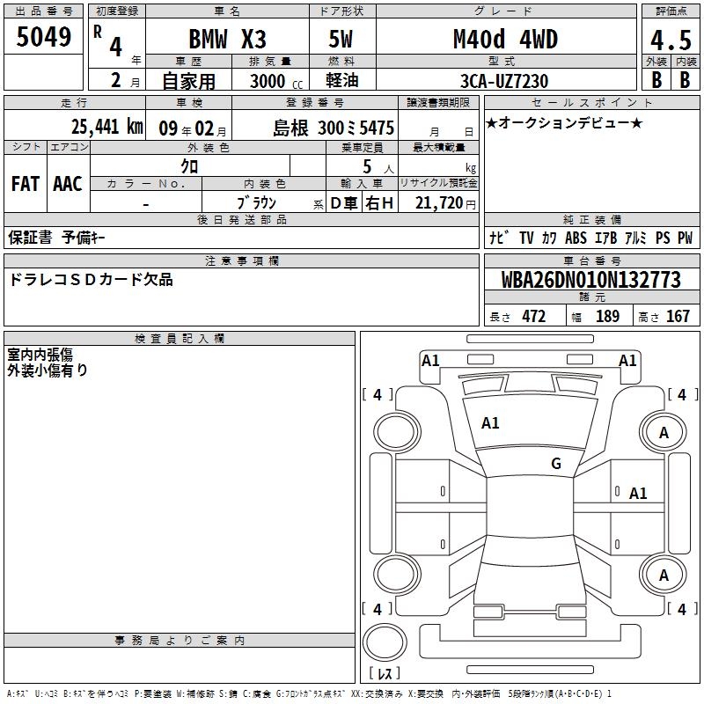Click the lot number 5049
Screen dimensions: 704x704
43,37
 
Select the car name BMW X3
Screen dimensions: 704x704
227,39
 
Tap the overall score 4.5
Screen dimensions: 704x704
671,40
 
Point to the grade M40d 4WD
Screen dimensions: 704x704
505,39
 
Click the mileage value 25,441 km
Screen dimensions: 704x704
106,127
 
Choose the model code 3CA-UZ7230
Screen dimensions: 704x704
504,81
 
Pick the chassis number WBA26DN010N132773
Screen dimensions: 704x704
590,280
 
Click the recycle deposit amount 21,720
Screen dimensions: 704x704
439,203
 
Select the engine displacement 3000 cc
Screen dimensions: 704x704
276,81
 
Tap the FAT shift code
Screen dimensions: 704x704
26,184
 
